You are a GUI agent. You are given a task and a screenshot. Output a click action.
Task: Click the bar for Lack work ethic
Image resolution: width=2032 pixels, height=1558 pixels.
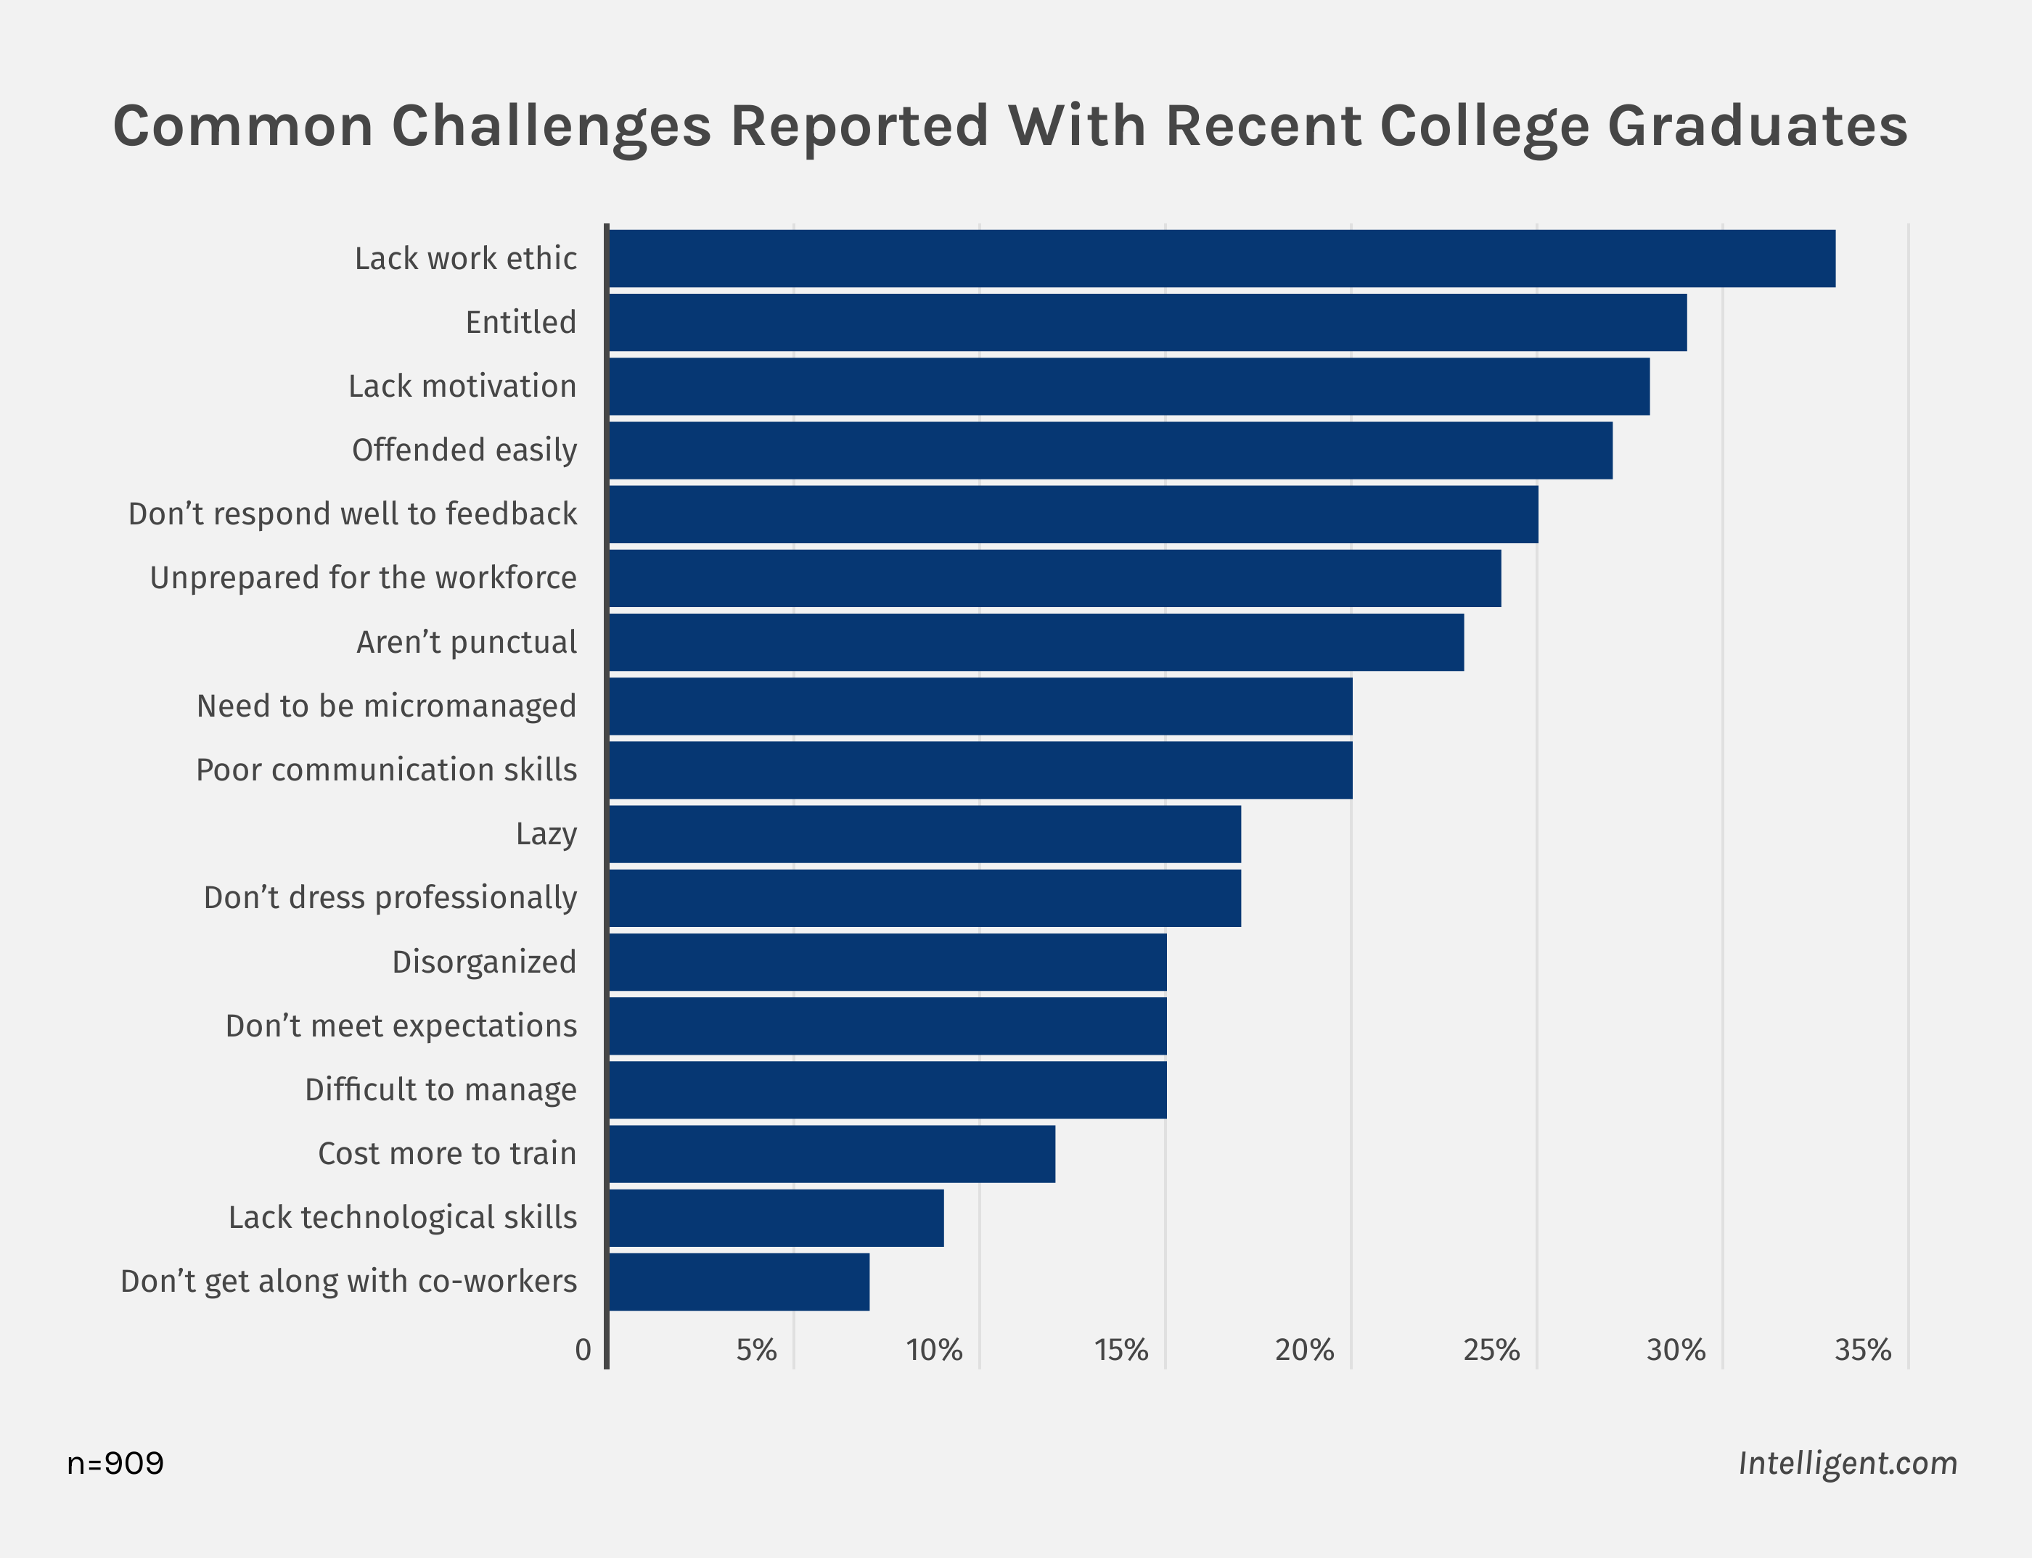(1221, 259)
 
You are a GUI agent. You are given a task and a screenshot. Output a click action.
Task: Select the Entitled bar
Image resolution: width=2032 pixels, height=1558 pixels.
(1147, 323)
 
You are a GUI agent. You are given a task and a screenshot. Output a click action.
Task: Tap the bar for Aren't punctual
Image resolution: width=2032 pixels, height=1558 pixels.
(1036, 642)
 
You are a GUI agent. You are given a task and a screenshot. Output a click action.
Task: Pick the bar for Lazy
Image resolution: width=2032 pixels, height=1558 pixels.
(924, 833)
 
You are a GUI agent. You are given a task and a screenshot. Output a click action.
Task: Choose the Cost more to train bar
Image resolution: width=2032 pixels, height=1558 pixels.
(832, 1154)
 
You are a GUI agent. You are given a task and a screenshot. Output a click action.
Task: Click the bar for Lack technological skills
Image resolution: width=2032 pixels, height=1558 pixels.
(776, 1218)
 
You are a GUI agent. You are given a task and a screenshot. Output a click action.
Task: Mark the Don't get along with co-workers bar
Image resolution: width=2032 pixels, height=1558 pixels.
(739, 1282)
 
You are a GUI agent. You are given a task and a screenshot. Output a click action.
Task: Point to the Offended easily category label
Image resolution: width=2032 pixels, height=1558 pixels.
(464, 450)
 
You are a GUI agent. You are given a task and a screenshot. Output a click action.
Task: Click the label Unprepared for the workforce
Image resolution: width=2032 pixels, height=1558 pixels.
(363, 578)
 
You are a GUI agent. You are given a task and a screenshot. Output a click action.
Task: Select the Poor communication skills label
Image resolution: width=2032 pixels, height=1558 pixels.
(386, 770)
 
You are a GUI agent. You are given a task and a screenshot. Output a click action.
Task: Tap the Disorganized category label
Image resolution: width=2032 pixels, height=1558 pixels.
(483, 962)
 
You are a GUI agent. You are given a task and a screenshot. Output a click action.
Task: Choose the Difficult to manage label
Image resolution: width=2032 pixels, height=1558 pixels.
(440, 1089)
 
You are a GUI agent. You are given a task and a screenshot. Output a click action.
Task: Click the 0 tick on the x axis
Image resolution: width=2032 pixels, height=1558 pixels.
(583, 1351)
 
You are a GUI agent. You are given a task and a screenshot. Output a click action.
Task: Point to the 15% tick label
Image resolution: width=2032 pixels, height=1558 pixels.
(1121, 1351)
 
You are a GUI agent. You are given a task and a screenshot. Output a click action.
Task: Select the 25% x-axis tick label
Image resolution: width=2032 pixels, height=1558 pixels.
(1491, 1351)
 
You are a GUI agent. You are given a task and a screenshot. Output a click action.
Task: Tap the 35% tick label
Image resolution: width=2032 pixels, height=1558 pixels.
(1862, 1351)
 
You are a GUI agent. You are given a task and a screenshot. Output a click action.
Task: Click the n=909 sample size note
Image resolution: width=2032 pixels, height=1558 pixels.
(115, 1464)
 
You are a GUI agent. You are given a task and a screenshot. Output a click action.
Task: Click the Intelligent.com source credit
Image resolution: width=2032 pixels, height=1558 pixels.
(1848, 1464)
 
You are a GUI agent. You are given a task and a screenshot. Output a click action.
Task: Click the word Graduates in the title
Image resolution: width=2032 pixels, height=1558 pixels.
(1758, 126)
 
